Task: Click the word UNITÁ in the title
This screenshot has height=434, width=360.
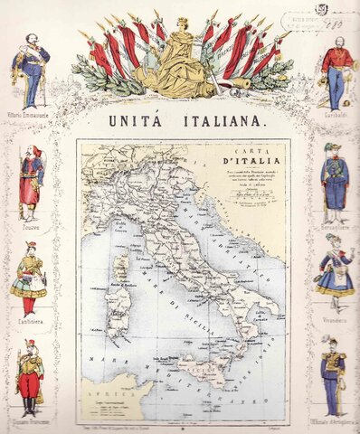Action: pos(138,119)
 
